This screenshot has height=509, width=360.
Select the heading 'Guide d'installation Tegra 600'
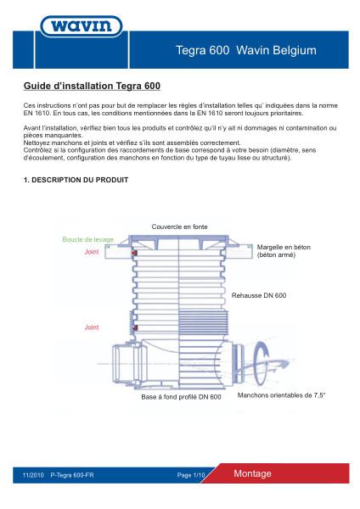[92, 87]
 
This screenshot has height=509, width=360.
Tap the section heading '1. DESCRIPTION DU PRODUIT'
[76, 181]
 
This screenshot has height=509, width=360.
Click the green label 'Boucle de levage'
[87, 240]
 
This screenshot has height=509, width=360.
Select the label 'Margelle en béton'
[284, 247]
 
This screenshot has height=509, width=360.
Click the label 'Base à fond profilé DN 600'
[181, 396]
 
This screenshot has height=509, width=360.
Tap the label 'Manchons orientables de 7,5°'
[281, 395]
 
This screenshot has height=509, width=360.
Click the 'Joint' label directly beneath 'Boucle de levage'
[92, 252]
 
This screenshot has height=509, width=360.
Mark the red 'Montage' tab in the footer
[252, 473]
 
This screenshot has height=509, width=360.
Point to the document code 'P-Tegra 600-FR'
[72, 475]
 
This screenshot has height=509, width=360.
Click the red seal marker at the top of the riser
[134, 254]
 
